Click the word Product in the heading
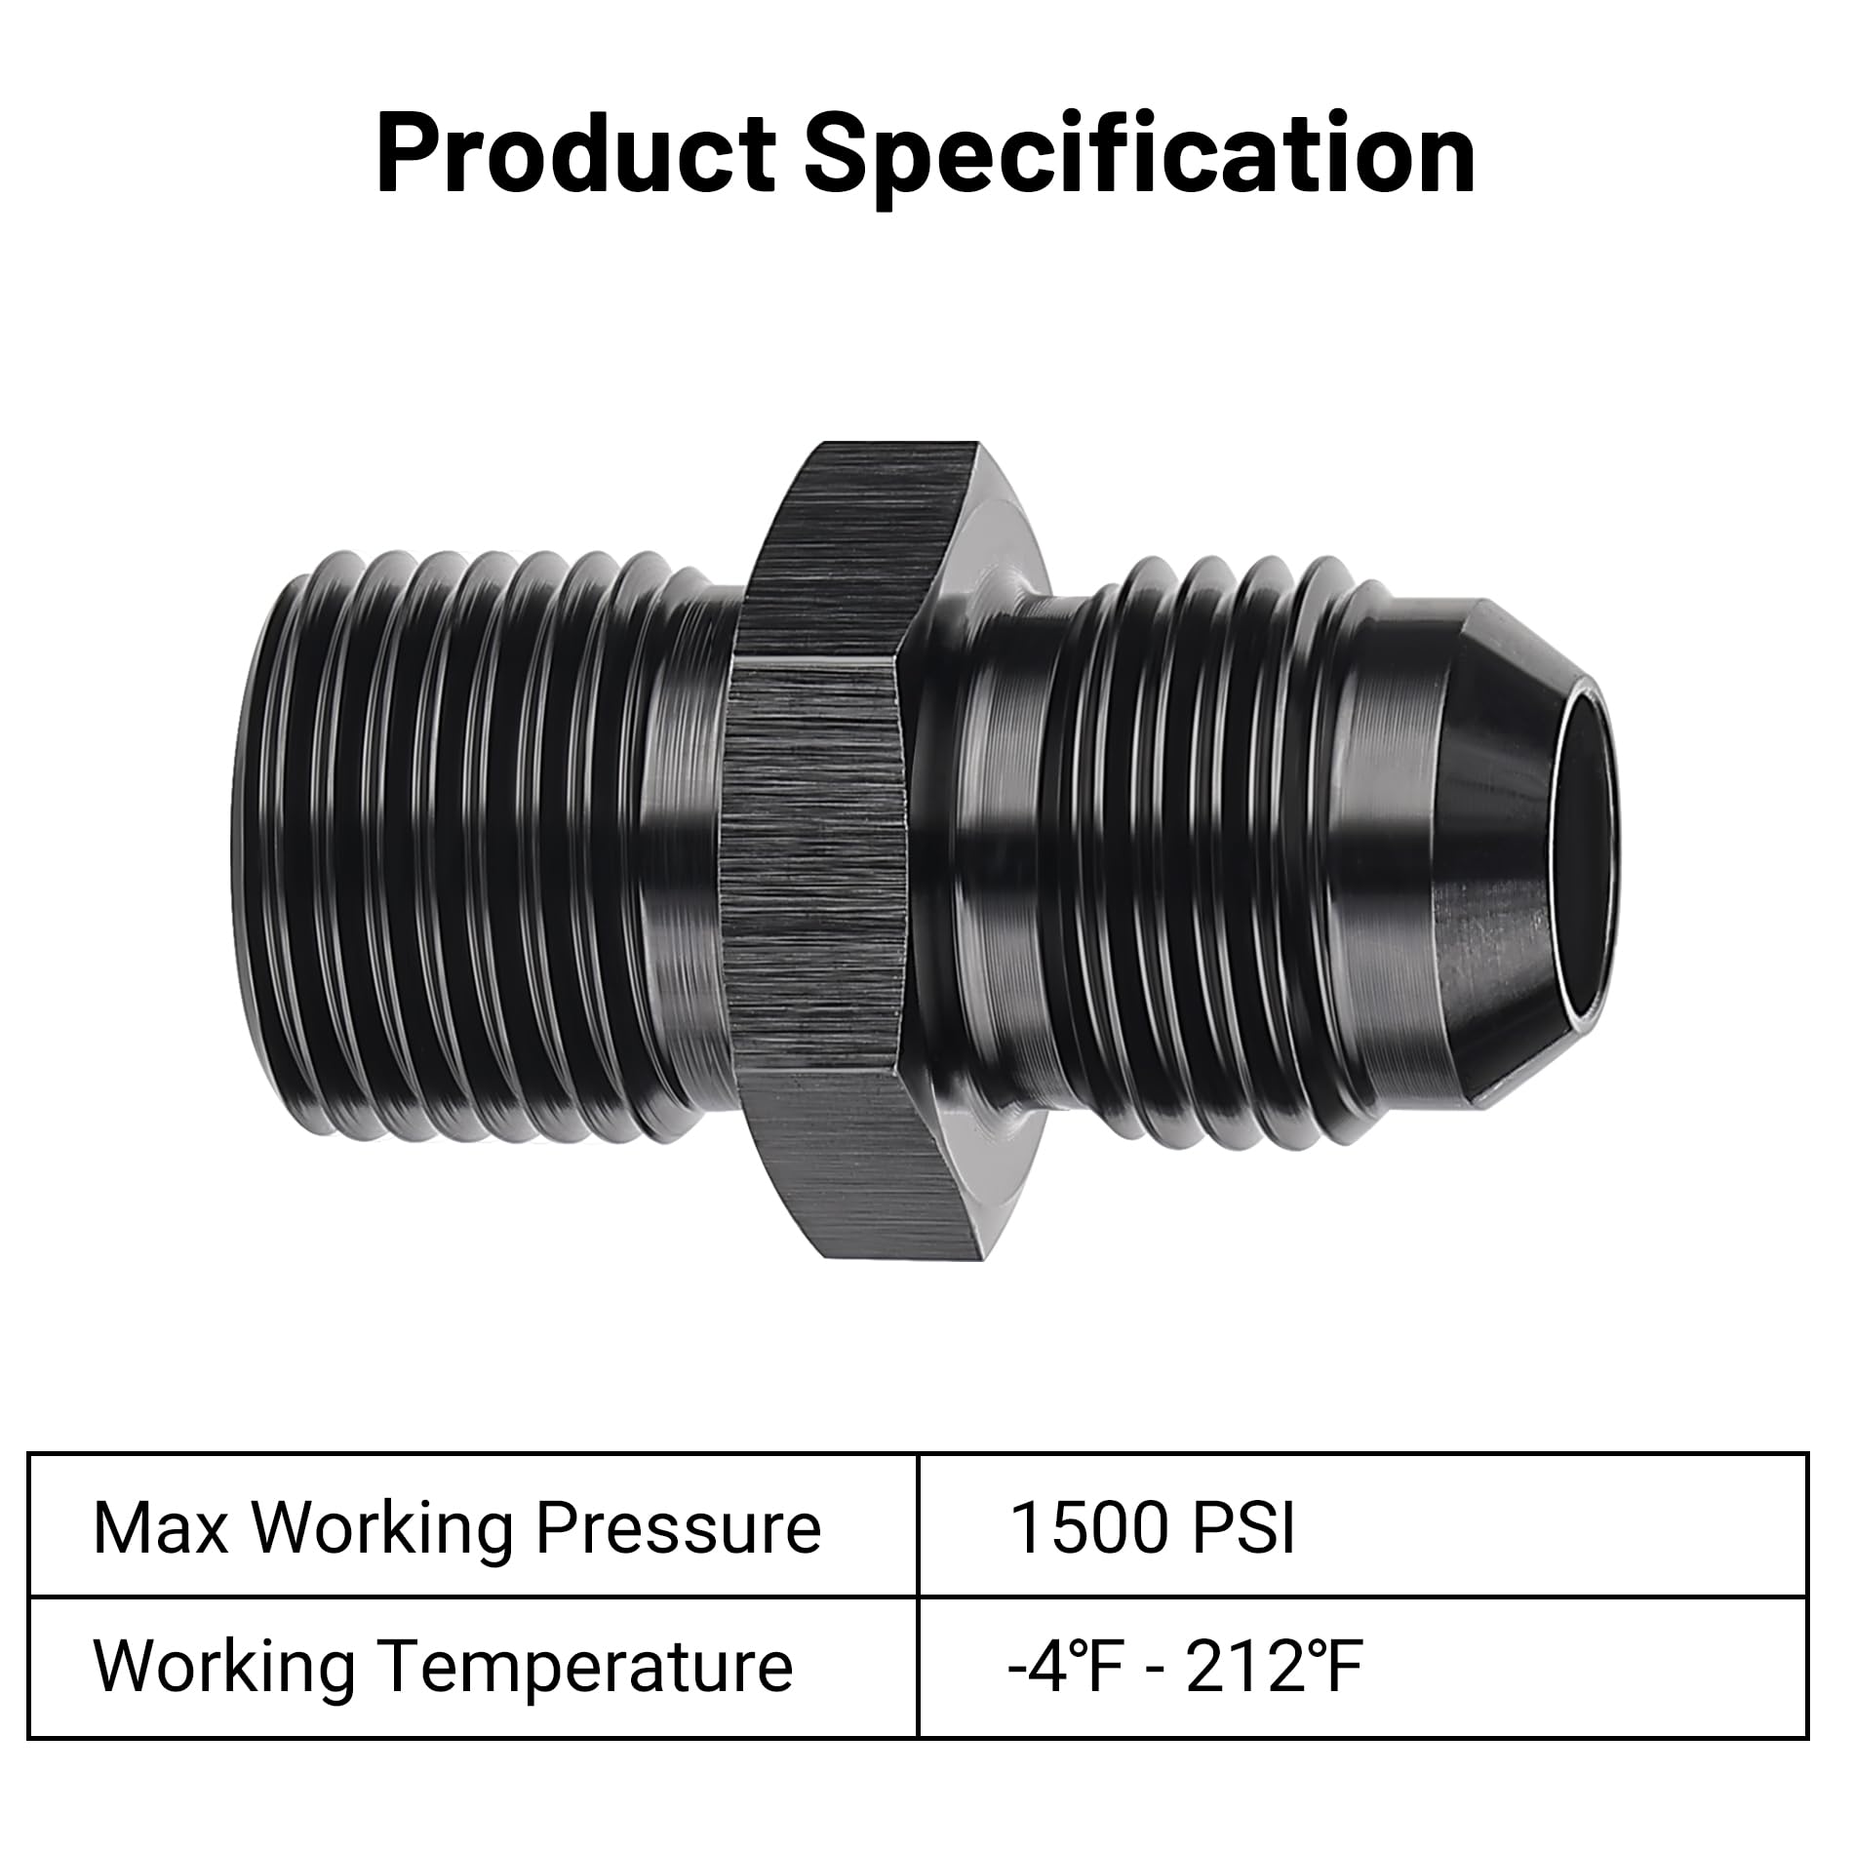pos(575,154)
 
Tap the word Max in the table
pos(160,1527)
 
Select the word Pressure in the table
pos(678,1527)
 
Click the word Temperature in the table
pos(584,1668)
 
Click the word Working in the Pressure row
pos(384,1529)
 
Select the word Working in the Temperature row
pos(223,1668)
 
